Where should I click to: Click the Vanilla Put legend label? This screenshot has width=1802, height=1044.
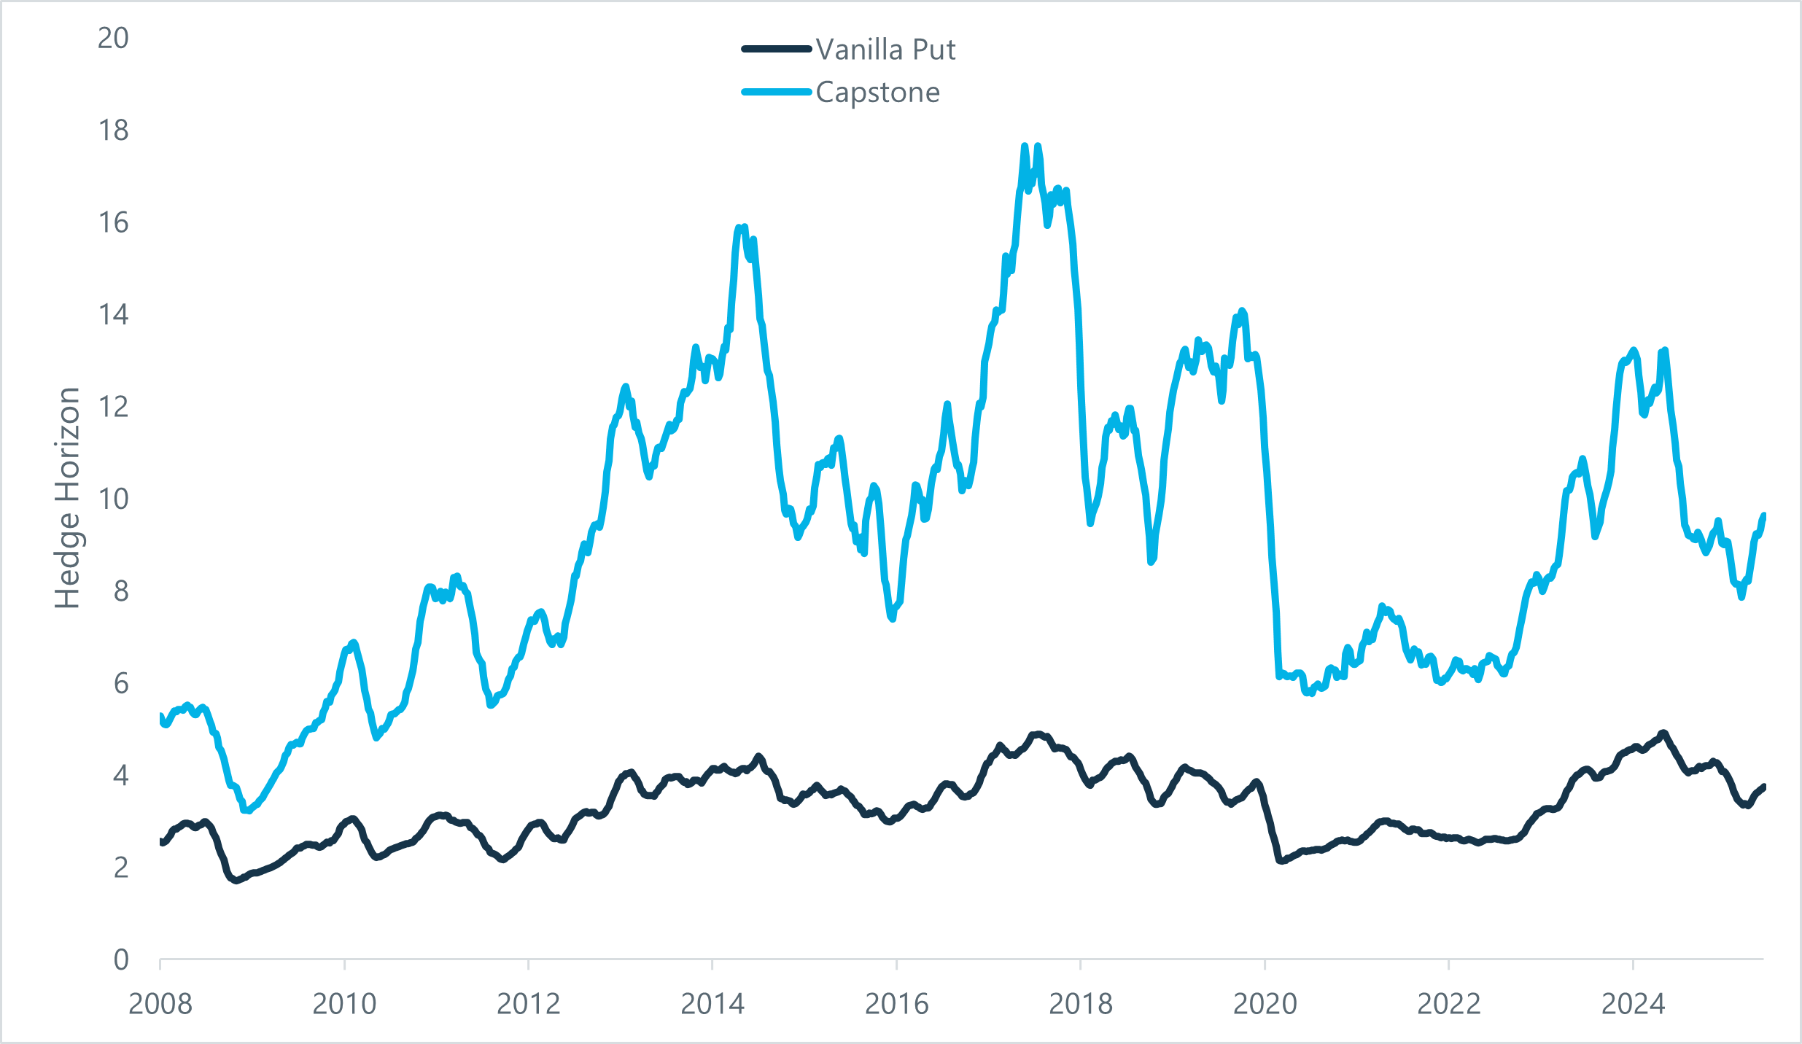coord(885,50)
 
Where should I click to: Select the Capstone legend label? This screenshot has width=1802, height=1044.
coord(877,93)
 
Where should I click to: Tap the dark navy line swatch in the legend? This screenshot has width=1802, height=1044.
coord(777,50)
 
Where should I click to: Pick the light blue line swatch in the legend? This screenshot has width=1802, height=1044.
coord(777,92)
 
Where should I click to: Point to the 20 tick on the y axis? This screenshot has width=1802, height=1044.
coord(113,38)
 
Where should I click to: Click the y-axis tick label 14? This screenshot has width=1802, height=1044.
coord(113,315)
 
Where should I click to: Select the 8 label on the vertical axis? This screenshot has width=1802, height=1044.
coord(120,591)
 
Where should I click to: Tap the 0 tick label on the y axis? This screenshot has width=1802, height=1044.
coord(120,960)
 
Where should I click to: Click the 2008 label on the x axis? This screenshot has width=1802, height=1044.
coord(160,1005)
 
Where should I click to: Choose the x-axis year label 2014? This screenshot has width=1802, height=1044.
coord(712,1005)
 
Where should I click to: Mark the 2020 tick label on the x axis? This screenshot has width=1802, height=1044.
coord(1265,1005)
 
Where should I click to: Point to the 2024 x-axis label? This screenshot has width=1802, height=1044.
coord(1633,1005)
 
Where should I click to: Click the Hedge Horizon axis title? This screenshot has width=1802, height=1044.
coord(67,498)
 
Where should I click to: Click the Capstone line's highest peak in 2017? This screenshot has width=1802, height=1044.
coord(1025,147)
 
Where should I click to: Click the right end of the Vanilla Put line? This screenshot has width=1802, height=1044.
coord(1763,787)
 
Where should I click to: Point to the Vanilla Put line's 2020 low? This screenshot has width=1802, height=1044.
coord(1281,861)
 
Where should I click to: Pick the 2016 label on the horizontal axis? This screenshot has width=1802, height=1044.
coord(896,1005)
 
